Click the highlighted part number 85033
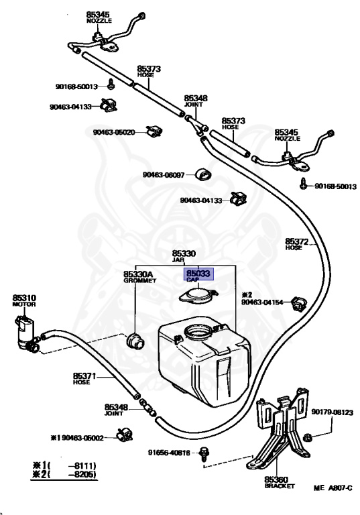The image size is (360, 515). click(198, 274)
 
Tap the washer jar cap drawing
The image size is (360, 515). click(198, 295)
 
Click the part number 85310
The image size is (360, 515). click(24, 298)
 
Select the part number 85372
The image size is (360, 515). click(296, 241)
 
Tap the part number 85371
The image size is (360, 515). click(84, 376)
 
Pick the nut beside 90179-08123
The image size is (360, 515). click(308, 437)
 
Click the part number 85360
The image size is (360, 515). click(276, 480)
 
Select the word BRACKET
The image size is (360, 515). click(280, 486)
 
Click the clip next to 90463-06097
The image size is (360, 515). click(203, 174)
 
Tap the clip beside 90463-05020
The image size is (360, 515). click(154, 132)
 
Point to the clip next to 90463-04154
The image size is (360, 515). click(299, 304)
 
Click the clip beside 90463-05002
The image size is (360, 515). click(125, 435)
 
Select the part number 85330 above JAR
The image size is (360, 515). click(184, 253)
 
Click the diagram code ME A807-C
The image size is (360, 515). click(333, 488)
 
